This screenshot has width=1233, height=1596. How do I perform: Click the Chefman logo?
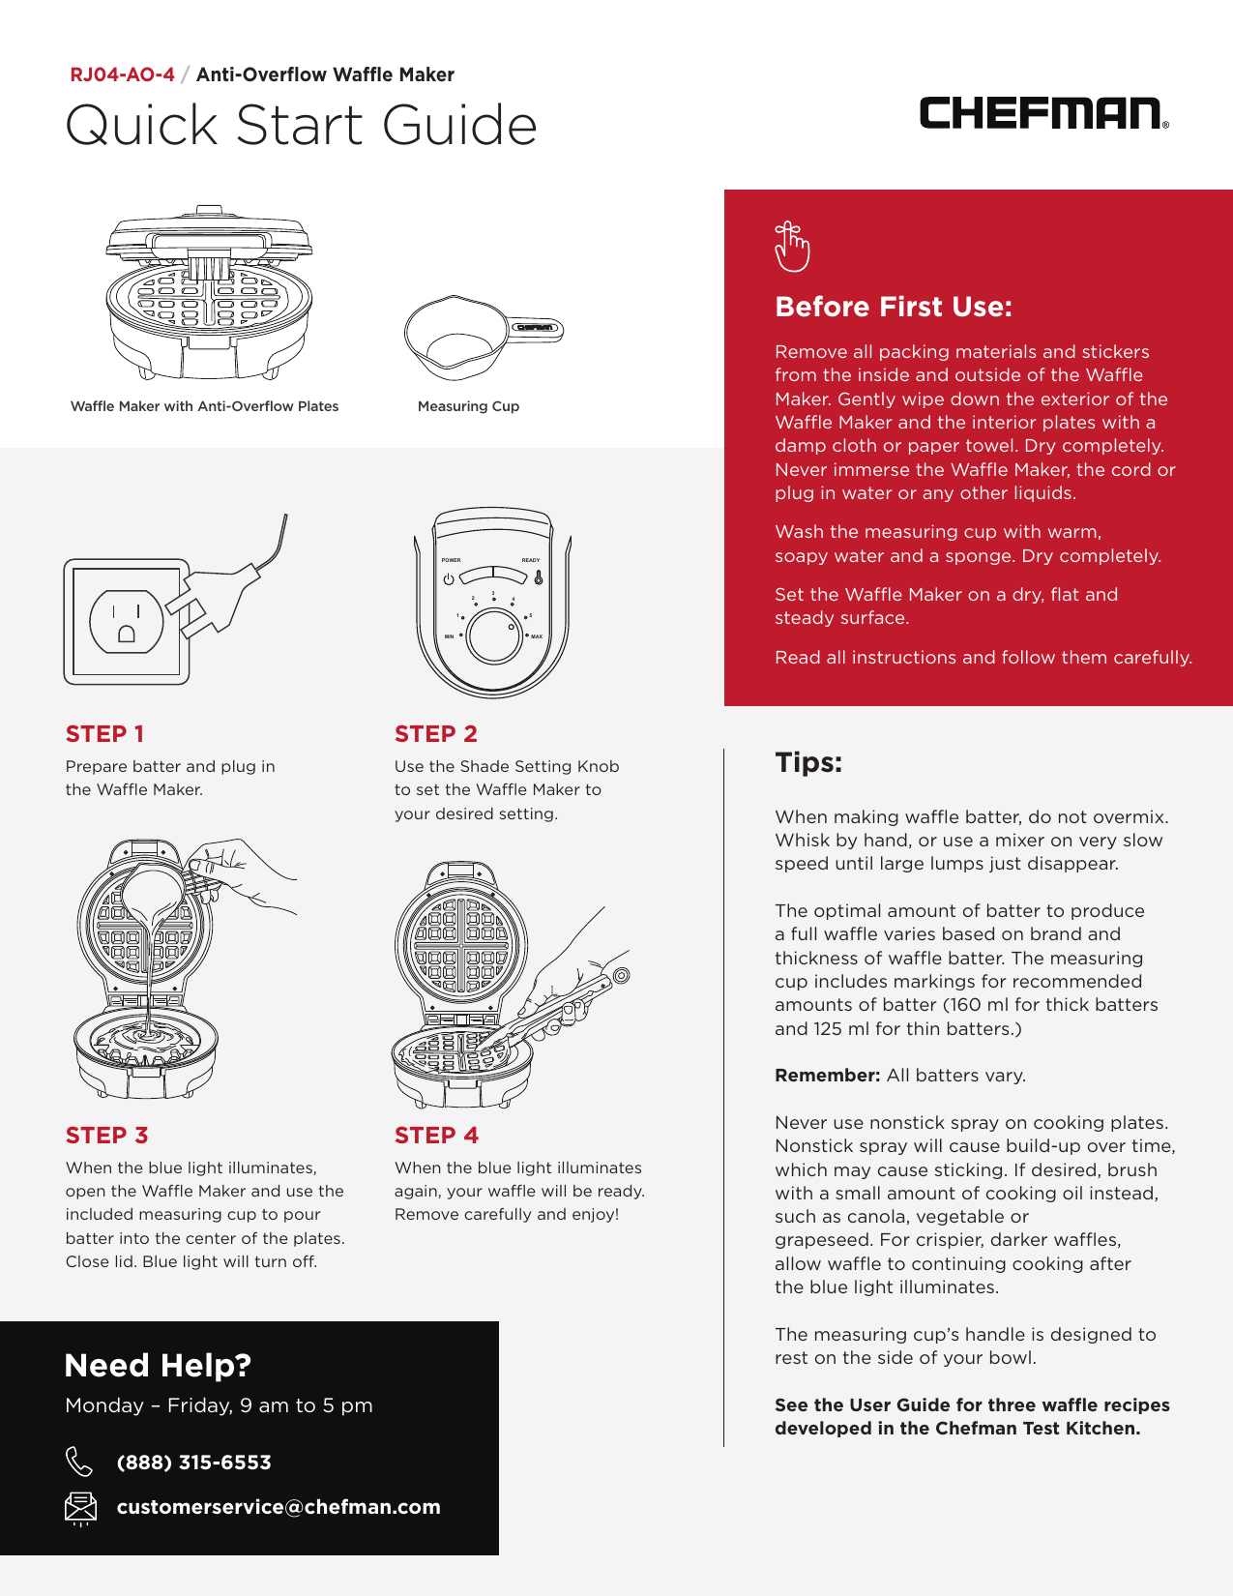pos(1042,113)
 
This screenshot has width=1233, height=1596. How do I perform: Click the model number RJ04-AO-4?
pos(122,74)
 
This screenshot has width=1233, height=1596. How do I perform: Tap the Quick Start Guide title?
pos(301,126)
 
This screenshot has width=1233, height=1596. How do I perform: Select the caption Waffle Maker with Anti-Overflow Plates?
pos(204,406)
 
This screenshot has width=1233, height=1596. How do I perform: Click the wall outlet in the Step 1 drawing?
pos(127,621)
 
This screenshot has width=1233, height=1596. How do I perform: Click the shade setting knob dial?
pos(494,636)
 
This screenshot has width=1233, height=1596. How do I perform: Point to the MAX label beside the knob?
pos(537,636)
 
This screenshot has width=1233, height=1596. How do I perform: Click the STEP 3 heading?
pos(106,1135)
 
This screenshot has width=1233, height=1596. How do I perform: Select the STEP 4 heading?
pos(436,1135)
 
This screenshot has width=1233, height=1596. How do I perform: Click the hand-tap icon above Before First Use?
pos(791,247)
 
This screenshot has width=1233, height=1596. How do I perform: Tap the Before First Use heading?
pos(893,307)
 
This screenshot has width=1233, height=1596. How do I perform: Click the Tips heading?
pos(808,762)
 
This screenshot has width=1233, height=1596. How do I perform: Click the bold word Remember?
pos(827,1076)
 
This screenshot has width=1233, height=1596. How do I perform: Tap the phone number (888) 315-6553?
pos(193,1463)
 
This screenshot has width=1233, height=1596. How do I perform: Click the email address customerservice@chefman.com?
pos(279,1507)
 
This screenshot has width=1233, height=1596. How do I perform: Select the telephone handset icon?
pos(79,1462)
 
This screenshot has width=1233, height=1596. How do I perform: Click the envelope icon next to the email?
pos(80,1507)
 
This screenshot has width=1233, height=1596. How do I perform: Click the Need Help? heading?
pos(158,1365)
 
